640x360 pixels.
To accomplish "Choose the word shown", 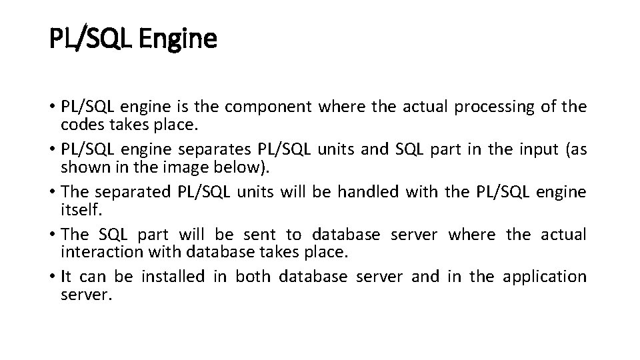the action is (x=82, y=166).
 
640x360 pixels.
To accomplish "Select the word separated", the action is (x=134, y=192).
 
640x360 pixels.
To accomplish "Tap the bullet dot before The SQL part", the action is (x=52, y=235).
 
